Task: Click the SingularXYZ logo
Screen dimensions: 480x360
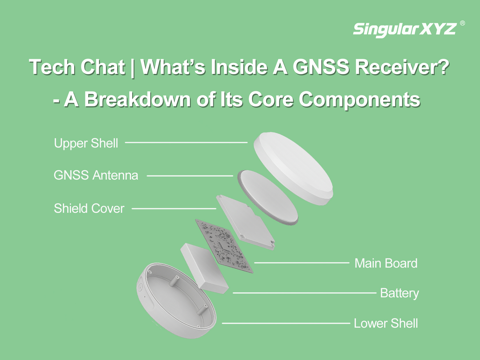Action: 405,30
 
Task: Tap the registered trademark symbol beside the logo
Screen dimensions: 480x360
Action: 462,23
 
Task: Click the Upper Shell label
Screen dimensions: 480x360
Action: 86,143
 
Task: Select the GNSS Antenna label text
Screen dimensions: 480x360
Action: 96,176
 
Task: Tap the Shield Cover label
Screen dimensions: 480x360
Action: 89,208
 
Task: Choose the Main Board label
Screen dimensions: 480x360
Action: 386,263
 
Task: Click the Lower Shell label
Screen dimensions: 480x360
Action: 386,323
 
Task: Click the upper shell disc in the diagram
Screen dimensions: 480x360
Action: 293,169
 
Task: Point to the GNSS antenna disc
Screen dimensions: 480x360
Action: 268,197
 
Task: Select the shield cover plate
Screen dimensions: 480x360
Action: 245,222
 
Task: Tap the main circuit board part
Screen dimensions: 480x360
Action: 224,246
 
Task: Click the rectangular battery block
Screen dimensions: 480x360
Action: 204,268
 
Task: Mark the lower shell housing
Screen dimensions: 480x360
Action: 176,301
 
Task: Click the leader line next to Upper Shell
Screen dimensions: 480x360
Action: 186,142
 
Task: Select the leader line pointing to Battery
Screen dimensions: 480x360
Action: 305,293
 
